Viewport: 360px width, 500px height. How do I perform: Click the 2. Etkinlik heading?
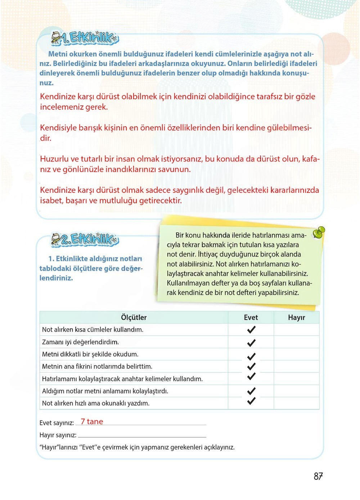85,239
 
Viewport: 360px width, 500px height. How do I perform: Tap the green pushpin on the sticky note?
319,232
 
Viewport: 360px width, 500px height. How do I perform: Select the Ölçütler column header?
134,317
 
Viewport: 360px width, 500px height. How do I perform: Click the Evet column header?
251,317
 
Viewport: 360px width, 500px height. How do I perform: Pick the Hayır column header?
296,317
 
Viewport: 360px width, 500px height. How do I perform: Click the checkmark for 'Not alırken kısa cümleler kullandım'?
251,329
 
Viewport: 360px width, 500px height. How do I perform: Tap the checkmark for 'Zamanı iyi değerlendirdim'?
251,342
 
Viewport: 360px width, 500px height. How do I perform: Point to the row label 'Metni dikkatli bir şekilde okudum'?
90,354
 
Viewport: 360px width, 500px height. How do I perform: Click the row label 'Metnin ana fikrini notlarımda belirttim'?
97,367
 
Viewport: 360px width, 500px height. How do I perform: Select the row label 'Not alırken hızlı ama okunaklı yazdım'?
95,403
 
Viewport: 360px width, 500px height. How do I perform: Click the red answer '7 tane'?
92,422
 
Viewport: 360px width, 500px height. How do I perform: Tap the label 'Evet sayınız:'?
57,423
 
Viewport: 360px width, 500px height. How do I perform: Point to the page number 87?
318,477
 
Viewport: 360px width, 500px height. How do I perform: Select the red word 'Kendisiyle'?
59,128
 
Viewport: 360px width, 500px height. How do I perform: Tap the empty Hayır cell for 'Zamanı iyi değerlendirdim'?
296,342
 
